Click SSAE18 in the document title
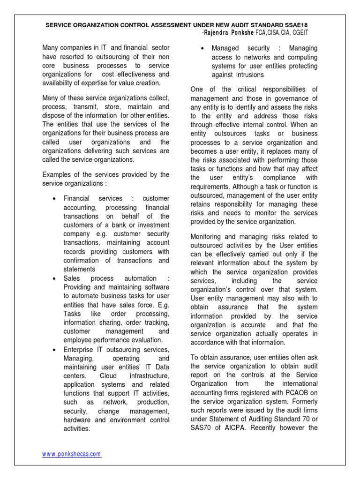pos(296,24)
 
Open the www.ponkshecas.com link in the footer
pos(71,454)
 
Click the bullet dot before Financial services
pos(54,199)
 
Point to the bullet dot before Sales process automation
pos(54,278)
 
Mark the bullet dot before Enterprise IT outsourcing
pos(54,350)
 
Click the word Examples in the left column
pos(56,174)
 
